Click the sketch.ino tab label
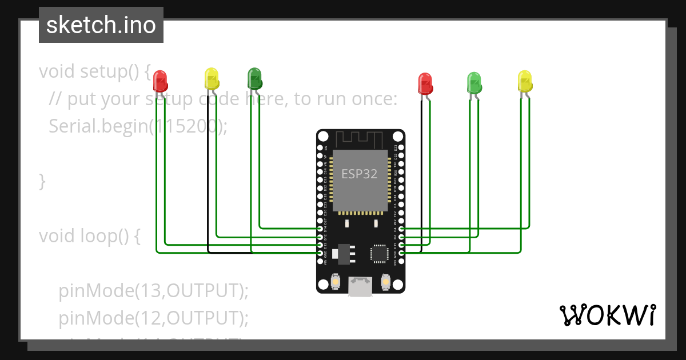101,25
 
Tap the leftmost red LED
161,81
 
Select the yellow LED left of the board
212,78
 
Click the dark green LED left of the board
254,78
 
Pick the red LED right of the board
425,83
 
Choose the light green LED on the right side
474,82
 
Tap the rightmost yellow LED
525,81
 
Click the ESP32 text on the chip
360,174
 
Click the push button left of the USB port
336,281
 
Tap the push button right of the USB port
385,281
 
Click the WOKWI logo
607,315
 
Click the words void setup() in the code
94,72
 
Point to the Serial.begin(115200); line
138,126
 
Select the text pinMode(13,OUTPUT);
153,290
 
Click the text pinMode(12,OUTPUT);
153,317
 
